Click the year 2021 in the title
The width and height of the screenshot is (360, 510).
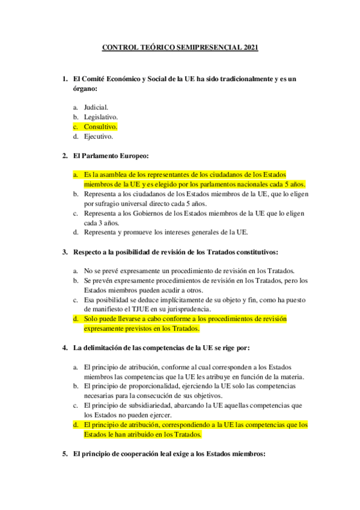coord(249,48)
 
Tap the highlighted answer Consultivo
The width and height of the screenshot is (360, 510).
coord(100,127)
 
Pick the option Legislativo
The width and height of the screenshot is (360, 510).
coord(101,117)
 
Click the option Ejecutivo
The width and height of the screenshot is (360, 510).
coord(99,137)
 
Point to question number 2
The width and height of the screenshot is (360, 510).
coord(65,156)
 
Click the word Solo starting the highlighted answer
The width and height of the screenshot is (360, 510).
coord(91,319)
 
